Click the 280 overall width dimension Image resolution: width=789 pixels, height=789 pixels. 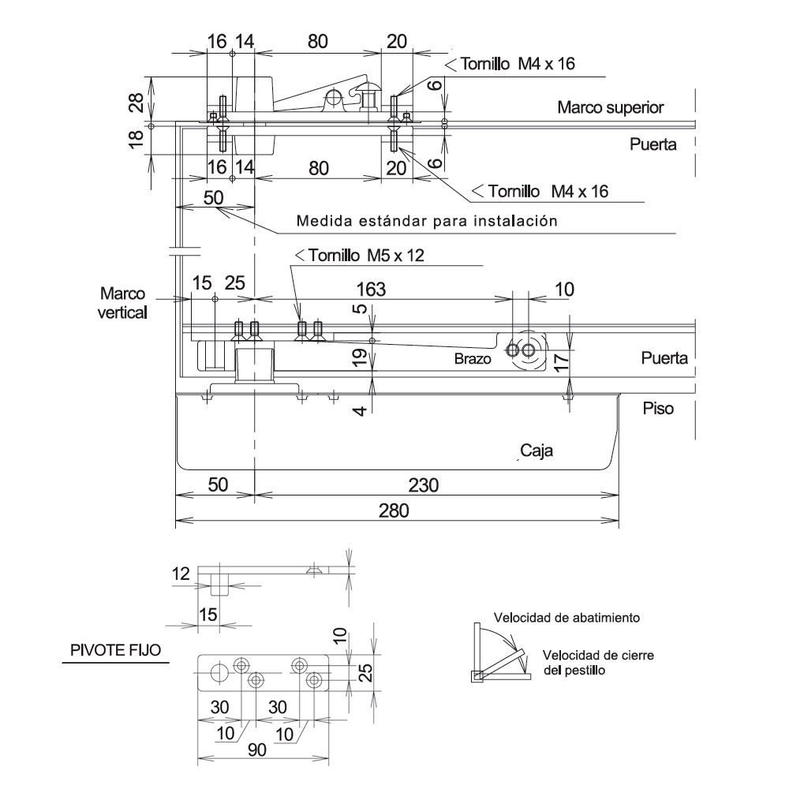coord(394,510)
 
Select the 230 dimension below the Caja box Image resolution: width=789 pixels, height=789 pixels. coord(423,485)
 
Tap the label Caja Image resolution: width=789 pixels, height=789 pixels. coord(537,451)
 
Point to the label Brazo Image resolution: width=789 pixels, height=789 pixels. coord(473,359)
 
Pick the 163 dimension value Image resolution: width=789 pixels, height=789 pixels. coord(371,290)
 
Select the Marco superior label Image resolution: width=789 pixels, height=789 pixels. coord(611,107)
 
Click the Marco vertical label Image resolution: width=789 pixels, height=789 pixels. coord(122,303)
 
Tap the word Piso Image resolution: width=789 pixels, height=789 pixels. coord(658,408)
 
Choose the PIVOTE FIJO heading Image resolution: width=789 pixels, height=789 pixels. coord(115,650)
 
